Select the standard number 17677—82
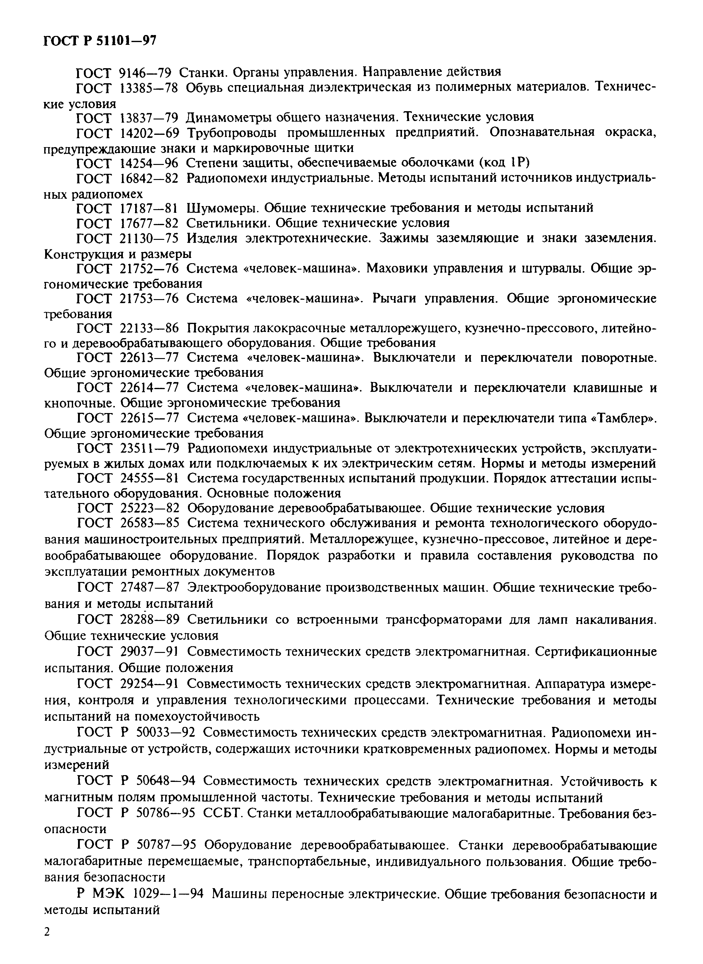pos(146,223)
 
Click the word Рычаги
pos(395,299)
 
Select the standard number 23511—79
pos(146,448)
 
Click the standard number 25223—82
pos(146,508)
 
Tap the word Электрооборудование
pos(253,587)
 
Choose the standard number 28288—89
pos(146,619)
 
